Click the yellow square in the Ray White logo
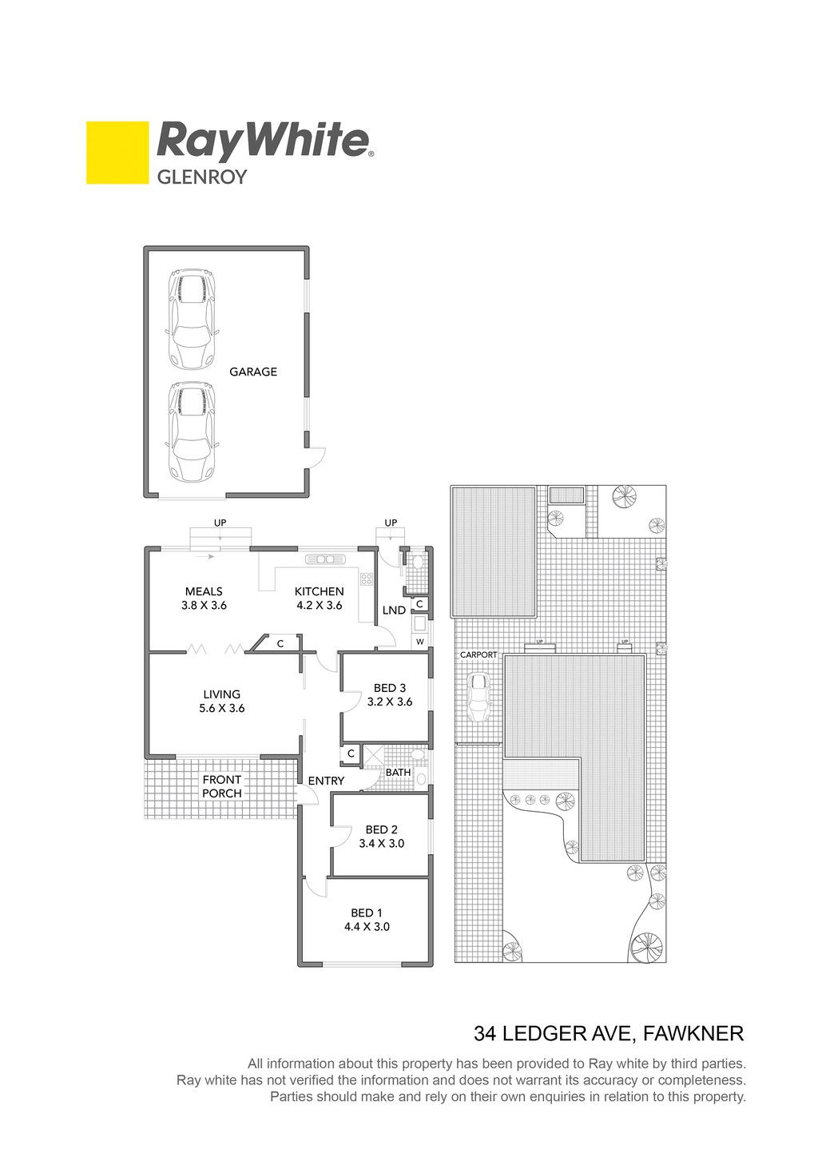tap(117, 153)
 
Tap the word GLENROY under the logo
tap(202, 177)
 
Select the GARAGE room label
tap(253, 372)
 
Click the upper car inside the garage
tap(192, 319)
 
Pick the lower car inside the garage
tap(192, 431)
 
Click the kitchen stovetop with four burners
tap(366, 579)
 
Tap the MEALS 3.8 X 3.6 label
tap(204, 598)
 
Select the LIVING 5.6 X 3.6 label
tap(222, 701)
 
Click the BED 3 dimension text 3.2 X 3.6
tap(390, 702)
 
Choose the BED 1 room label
tap(367, 912)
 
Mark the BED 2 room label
tap(382, 829)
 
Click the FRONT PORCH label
tap(222, 786)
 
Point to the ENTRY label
tap(327, 781)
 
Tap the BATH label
tap(398, 772)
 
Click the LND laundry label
tap(394, 610)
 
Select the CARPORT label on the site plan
tap(478, 654)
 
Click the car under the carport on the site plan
tap(479, 697)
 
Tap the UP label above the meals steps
tap(220, 523)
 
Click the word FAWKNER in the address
tap(693, 1034)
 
